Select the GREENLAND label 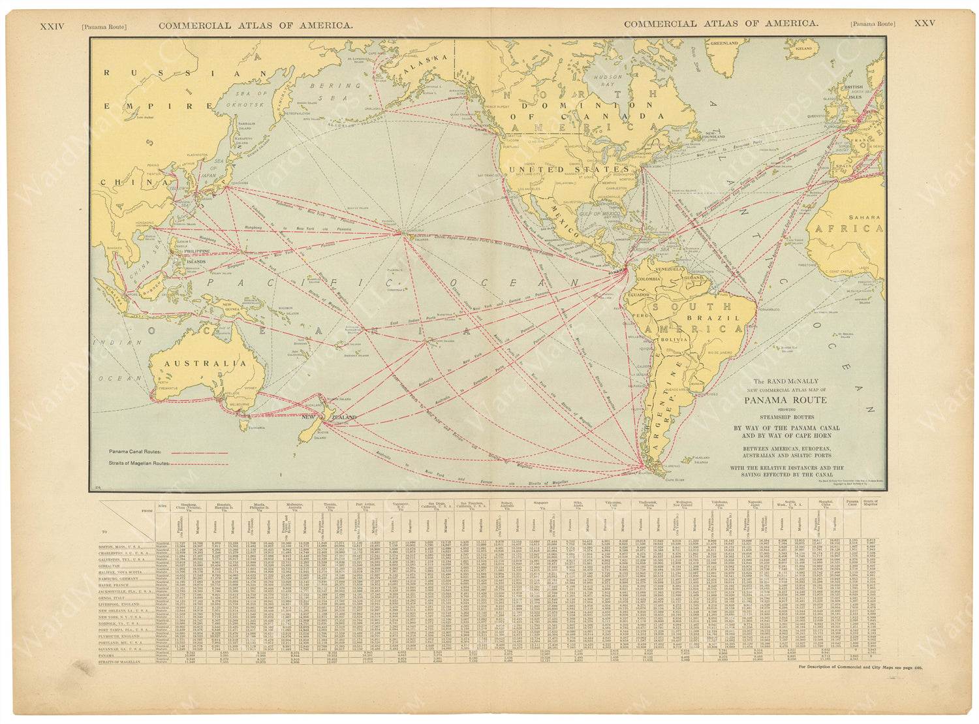tap(724, 43)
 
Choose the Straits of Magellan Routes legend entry tap(139, 464)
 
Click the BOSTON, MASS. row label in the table tap(123, 545)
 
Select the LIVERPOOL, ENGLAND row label tap(125, 604)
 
